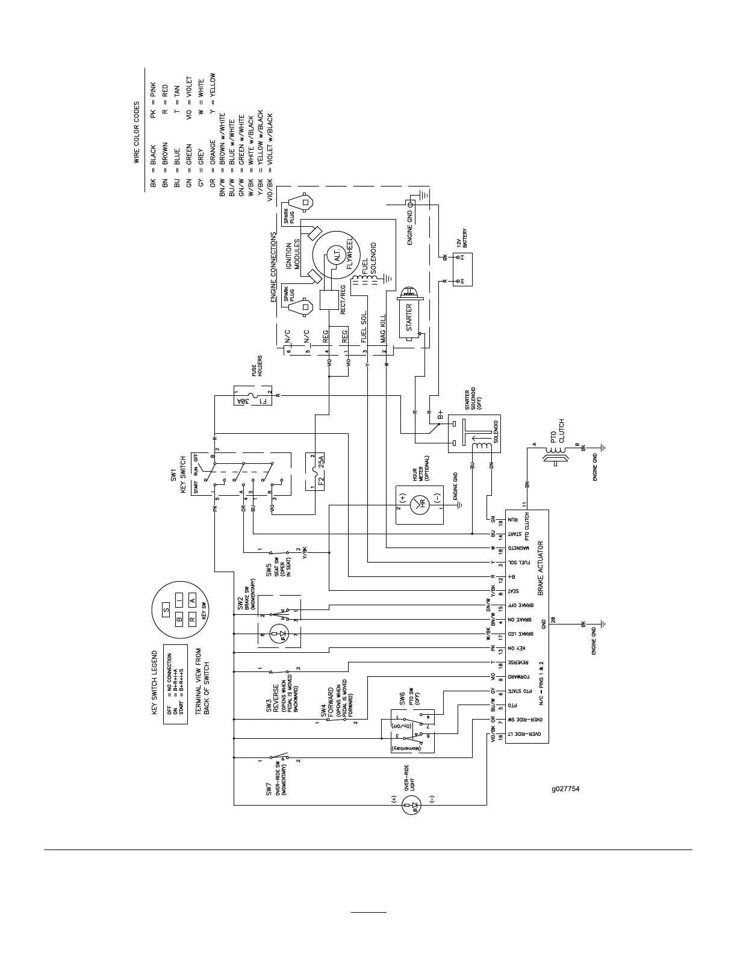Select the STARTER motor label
click(409, 318)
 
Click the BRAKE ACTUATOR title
click(541, 567)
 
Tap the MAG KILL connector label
click(383, 328)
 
